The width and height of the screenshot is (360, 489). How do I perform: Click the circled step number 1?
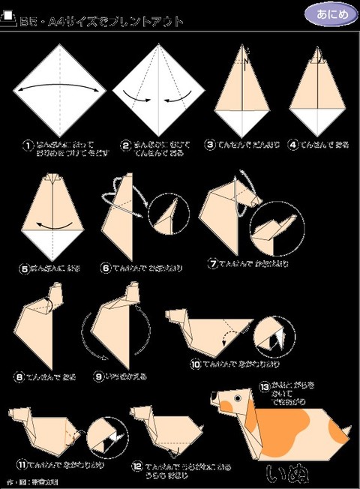(28, 144)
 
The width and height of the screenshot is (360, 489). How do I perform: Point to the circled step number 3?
(211, 144)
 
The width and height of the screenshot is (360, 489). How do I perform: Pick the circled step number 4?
(292, 144)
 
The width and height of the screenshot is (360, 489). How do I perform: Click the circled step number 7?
(213, 264)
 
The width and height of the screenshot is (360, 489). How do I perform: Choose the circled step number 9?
(98, 376)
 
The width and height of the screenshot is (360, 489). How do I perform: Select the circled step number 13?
(263, 385)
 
